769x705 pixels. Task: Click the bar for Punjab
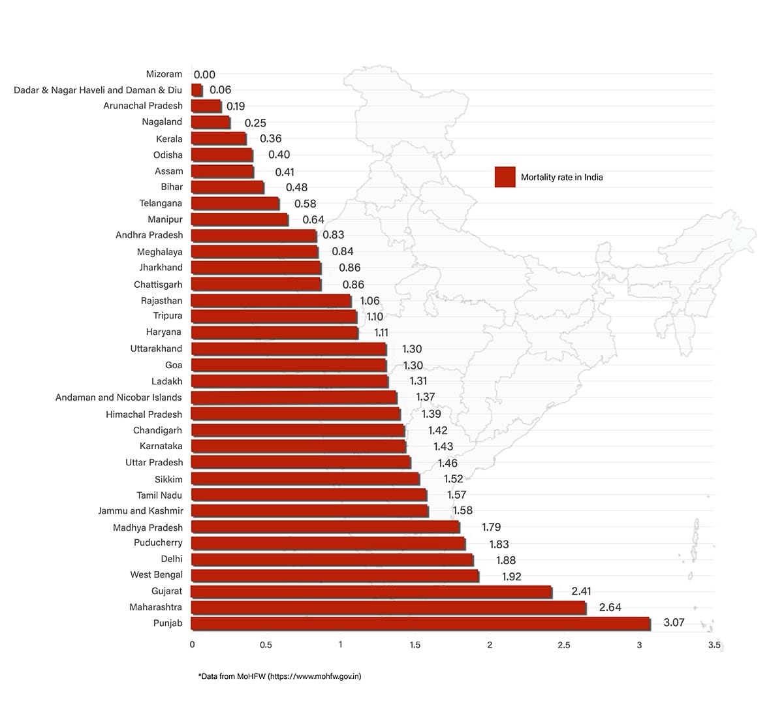(420, 623)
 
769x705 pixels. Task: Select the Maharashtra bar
(388, 608)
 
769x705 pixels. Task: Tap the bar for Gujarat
(371, 591)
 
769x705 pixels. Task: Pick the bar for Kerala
(219, 138)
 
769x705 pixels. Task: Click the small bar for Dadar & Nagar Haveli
(196, 90)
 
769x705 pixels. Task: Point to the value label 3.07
(674, 622)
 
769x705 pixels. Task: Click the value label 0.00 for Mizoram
(204, 75)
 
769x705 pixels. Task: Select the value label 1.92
(511, 576)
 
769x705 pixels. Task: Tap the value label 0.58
(305, 204)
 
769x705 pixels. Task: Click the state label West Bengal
(156, 574)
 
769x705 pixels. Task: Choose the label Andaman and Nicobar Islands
(118, 397)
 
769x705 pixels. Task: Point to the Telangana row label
(161, 203)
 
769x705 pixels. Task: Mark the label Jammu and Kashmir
(140, 510)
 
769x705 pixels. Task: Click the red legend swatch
(505, 177)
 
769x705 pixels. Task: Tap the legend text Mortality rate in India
(561, 177)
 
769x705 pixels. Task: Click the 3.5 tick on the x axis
(714, 645)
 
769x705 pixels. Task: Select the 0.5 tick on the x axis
(266, 645)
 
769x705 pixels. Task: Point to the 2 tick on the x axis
(490, 645)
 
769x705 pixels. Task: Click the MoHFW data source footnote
(279, 676)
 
